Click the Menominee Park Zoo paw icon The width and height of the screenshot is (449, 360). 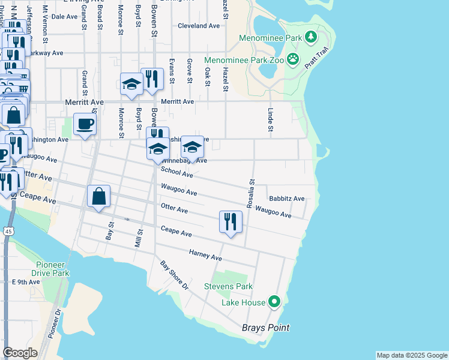pyautogui.click(x=292, y=59)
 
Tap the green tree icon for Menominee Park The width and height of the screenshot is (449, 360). pyautogui.click(x=310, y=38)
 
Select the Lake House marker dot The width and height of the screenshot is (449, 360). pyautogui.click(x=274, y=301)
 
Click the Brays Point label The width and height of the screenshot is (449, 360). pyautogui.click(x=265, y=328)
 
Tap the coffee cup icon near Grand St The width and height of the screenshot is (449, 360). pyautogui.click(x=85, y=124)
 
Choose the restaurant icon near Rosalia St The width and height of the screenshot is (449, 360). pyautogui.click(x=231, y=221)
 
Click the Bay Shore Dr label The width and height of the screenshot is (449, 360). pyautogui.click(x=174, y=275)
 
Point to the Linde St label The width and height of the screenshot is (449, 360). pyautogui.click(x=270, y=120)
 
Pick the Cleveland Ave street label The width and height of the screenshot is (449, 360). pyautogui.click(x=199, y=26)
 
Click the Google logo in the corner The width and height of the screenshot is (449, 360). pyautogui.click(x=20, y=353)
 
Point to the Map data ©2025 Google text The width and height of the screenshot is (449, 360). pyautogui.click(x=411, y=355)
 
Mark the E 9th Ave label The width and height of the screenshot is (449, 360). pyautogui.click(x=25, y=281)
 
